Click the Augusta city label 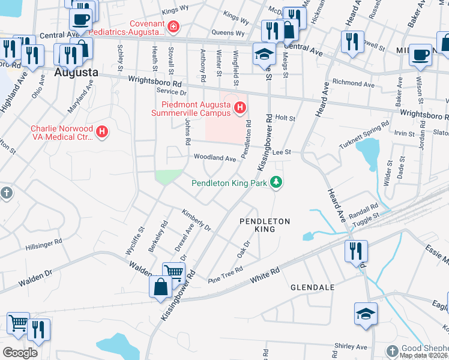[x=76, y=72]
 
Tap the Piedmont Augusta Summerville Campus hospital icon [x=240, y=107]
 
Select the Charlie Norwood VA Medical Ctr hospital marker [x=102, y=131]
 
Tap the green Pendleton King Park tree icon [x=276, y=181]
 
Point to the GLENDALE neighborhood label [x=312, y=287]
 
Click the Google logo [x=20, y=352]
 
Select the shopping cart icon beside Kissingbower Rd [x=173, y=272]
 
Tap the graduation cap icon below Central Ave [x=264, y=54]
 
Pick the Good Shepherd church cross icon [x=392, y=350]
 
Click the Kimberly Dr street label [x=196, y=221]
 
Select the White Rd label [x=265, y=275]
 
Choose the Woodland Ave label [x=214, y=158]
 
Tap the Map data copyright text [x=423, y=355]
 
